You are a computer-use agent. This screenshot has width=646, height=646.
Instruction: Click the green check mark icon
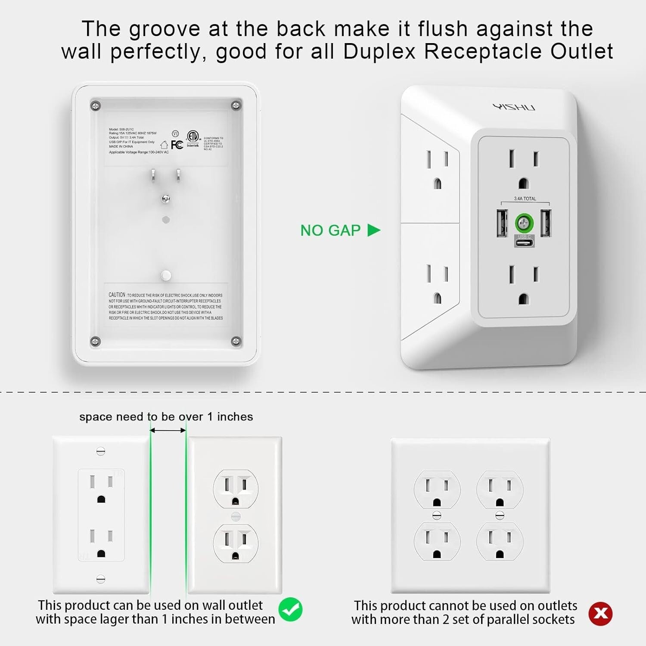290,609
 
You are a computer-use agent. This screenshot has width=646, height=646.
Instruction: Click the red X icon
600,613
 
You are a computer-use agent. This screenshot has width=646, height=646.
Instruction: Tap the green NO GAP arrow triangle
373,230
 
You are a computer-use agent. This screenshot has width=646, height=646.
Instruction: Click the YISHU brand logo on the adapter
514,107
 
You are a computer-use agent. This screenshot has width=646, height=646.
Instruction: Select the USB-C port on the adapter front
524,242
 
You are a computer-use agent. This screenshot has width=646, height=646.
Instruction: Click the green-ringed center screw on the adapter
524,223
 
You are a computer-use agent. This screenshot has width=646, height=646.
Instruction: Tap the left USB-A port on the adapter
502,223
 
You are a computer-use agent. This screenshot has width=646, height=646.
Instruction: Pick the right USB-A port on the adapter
546,223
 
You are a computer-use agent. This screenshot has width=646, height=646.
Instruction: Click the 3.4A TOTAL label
525,199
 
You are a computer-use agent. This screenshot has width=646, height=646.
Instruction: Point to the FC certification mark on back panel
177,145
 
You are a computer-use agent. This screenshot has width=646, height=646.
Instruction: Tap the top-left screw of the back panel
96,106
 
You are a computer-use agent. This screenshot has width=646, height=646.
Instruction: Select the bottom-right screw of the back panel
236,341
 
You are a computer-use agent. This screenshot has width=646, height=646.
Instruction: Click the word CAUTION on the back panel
117,295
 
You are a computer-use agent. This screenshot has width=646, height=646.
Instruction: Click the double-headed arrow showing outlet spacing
168,430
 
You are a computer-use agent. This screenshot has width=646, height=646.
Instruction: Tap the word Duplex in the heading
379,52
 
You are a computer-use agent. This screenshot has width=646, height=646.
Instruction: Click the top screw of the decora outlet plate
101,451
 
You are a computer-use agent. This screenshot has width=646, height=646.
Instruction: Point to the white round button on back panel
165,276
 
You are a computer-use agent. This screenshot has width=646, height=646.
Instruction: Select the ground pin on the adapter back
165,199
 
